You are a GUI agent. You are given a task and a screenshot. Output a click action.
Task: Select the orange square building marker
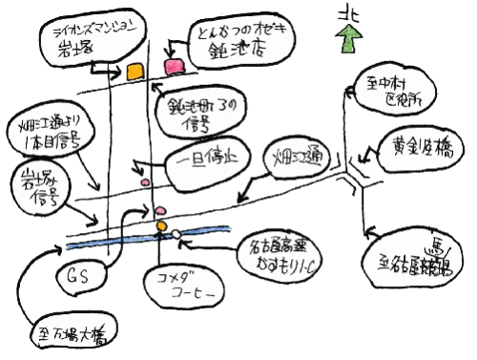coord(135,71)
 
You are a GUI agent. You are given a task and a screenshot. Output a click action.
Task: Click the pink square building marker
coord(174,67)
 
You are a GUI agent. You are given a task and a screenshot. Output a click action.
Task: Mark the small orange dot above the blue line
coord(160,223)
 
